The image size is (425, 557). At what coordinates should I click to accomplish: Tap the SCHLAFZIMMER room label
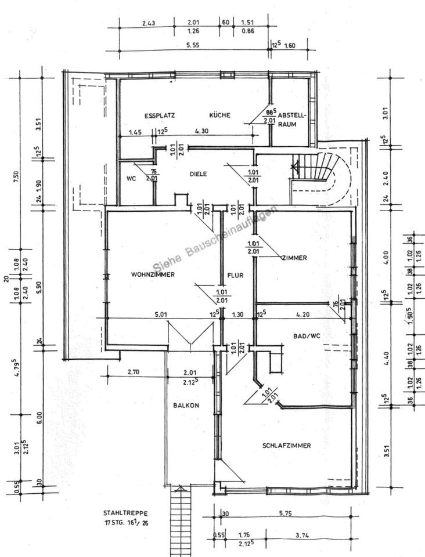point(286,446)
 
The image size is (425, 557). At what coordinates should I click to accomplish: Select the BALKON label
point(186,406)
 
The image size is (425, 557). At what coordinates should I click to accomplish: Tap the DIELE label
point(198,173)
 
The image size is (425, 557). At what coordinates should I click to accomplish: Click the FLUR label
point(235,276)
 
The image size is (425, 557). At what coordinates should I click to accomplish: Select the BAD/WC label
point(290,335)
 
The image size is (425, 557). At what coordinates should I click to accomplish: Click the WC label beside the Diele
point(131,178)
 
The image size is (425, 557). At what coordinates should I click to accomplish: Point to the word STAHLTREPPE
point(125,513)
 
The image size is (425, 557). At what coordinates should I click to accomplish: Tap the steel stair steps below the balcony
point(181,519)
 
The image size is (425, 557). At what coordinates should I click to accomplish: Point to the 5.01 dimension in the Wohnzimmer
point(161,314)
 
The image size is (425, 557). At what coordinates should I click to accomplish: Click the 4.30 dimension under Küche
point(202,131)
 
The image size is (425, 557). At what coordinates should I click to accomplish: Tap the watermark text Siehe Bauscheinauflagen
point(215,239)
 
